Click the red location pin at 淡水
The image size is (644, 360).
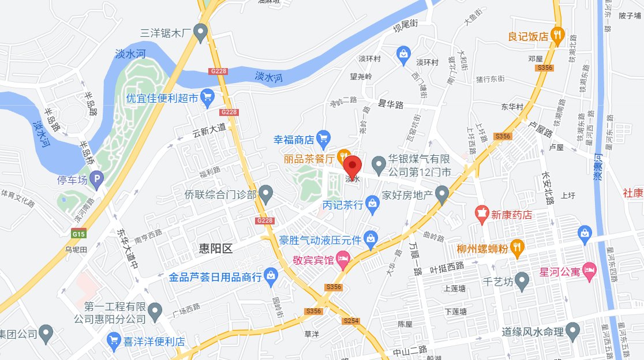[353, 165]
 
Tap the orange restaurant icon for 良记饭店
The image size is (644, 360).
[557, 35]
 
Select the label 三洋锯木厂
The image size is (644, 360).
[166, 32]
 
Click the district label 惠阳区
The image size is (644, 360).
[215, 249]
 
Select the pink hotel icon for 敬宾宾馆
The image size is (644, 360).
[343, 260]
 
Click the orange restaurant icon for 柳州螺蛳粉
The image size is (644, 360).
[517, 247]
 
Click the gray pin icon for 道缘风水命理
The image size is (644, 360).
[572, 331]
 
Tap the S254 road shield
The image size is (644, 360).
[351, 321]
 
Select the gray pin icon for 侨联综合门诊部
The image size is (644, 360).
[265, 194]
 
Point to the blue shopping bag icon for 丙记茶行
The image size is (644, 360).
[372, 204]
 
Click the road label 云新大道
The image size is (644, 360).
[209, 132]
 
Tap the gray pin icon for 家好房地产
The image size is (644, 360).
[442, 194]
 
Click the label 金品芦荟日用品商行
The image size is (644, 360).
[215, 277]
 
